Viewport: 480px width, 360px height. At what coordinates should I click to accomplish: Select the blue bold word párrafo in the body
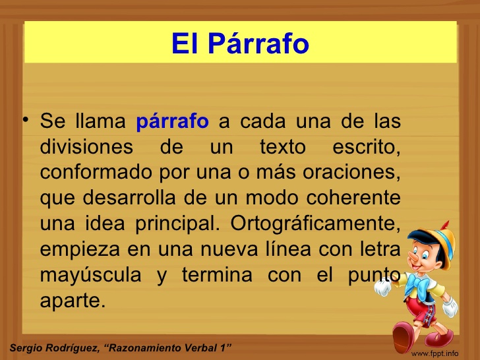(x=172, y=122)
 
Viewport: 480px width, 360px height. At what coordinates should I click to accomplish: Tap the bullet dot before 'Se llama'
(x=24, y=120)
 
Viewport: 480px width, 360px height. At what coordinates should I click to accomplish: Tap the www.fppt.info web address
(x=435, y=353)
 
